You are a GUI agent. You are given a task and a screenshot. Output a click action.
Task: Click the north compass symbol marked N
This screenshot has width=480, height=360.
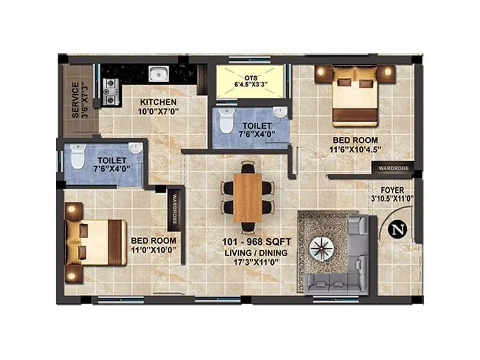click(396, 229)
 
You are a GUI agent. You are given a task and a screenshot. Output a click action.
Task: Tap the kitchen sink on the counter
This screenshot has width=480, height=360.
click(158, 74)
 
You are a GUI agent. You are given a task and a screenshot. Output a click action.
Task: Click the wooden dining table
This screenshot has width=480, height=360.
click(247, 197)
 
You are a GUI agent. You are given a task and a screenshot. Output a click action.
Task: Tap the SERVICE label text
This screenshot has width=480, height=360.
click(75, 100)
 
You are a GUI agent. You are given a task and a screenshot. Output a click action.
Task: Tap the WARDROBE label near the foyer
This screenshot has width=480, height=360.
click(393, 169)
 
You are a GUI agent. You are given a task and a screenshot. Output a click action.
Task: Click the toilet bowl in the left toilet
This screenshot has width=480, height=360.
click(77, 158)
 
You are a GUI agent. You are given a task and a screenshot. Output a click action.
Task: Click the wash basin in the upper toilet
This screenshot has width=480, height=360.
click(280, 112)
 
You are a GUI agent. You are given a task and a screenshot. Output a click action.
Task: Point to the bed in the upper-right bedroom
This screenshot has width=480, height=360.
click(355, 95)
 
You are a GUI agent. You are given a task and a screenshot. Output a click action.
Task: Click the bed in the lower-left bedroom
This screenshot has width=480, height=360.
click(96, 242)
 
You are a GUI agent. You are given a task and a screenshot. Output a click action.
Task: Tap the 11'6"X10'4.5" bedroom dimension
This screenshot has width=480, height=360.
click(356, 149)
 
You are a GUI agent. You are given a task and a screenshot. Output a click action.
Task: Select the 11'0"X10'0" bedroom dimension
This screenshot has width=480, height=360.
click(154, 250)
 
